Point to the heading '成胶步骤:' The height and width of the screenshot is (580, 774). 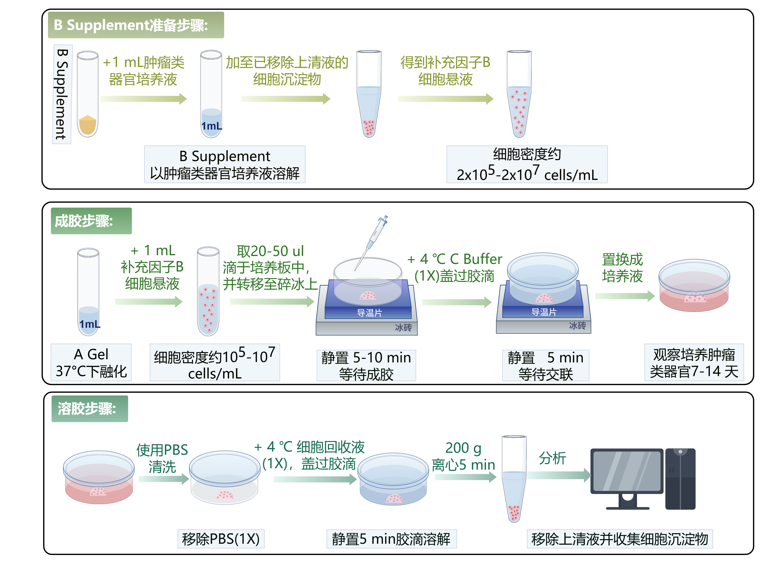[91, 221]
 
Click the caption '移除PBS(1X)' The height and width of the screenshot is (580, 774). [221, 539]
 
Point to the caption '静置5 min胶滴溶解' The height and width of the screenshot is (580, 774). [391, 539]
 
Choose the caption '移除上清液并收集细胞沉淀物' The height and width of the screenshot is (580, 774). [619, 539]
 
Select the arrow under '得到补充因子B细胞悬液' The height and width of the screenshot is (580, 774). [445, 99]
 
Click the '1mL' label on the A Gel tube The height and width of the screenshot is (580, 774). [90, 324]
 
